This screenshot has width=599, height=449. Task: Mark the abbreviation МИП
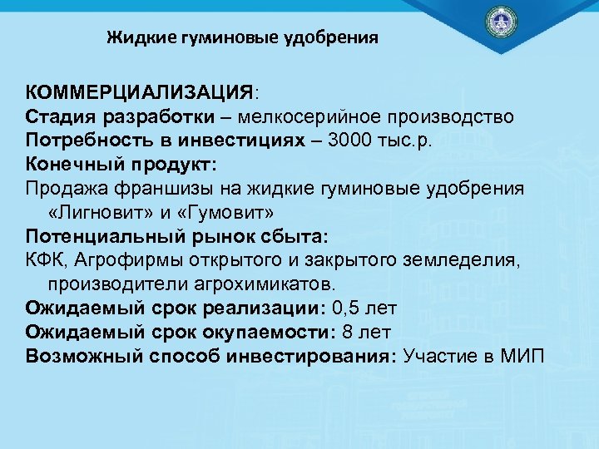coord(522,357)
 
